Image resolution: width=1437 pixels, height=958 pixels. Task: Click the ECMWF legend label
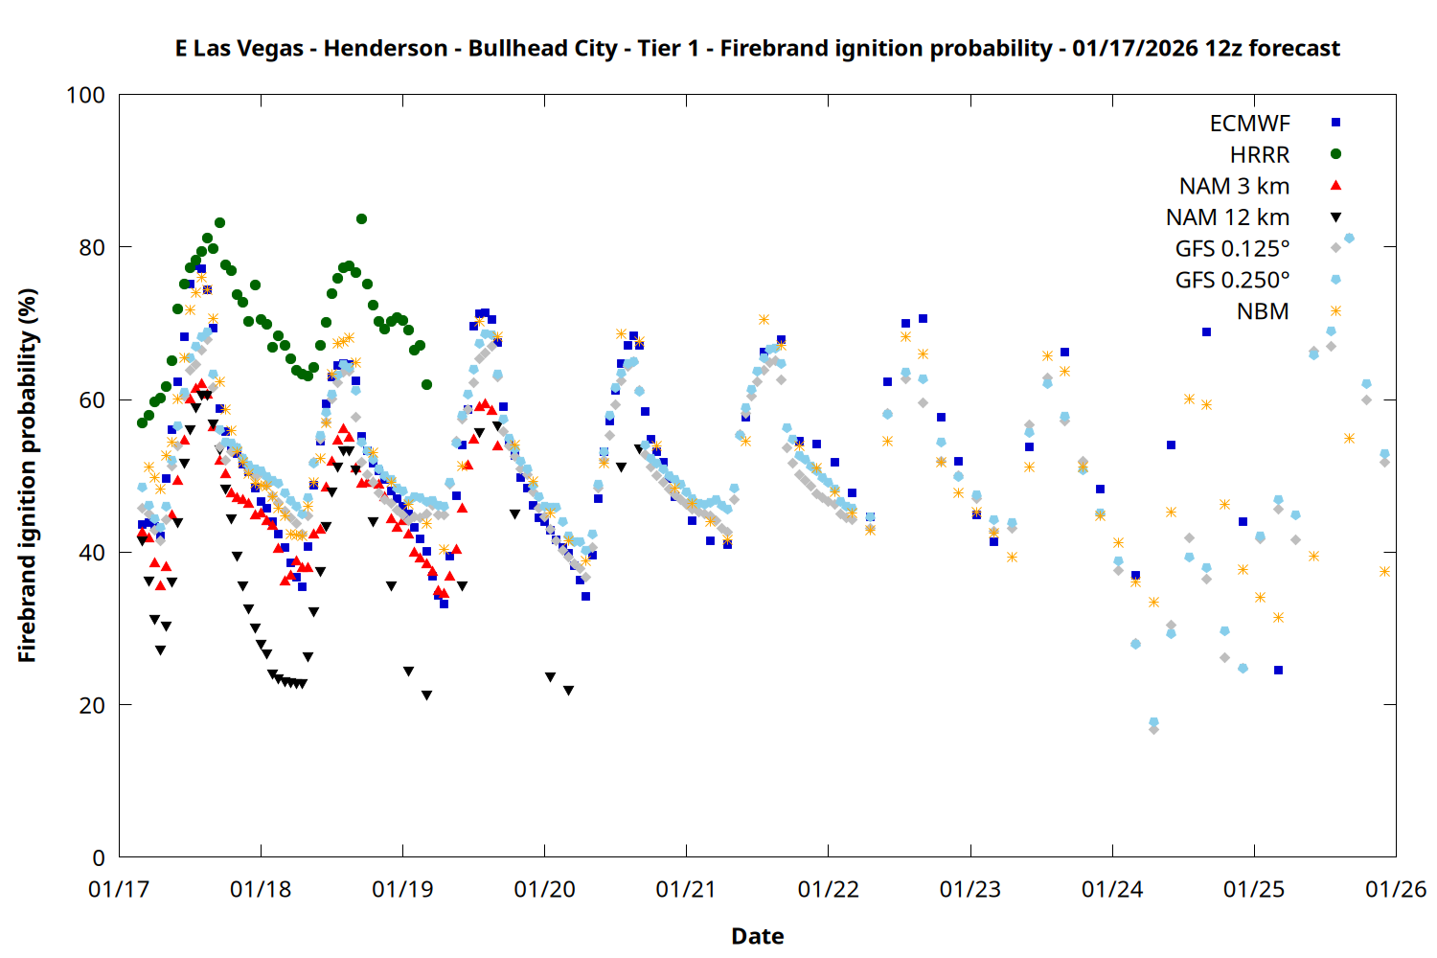click(x=1249, y=124)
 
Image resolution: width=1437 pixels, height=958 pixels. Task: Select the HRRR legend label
click(x=1260, y=155)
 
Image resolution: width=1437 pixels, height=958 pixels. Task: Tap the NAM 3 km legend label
click(x=1234, y=186)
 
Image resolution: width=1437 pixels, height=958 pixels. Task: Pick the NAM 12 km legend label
click(x=1227, y=217)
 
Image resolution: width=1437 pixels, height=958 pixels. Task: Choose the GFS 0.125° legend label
click(x=1232, y=249)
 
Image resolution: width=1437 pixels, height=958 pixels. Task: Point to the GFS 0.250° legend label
click(x=1232, y=280)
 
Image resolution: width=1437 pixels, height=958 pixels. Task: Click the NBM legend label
click(x=1263, y=311)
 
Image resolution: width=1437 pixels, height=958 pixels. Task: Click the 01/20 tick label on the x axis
click(x=544, y=889)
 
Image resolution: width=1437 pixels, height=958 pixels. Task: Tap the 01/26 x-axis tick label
click(x=1396, y=889)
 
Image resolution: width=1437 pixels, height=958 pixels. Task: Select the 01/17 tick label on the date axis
click(x=119, y=889)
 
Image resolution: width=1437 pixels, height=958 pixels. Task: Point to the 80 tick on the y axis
click(x=92, y=247)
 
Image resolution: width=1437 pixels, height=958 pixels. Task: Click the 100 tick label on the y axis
click(x=85, y=95)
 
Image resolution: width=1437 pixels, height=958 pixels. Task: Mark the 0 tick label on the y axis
click(x=99, y=857)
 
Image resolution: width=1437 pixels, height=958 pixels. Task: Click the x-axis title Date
click(x=757, y=936)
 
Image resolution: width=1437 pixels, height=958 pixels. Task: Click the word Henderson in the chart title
click(x=385, y=48)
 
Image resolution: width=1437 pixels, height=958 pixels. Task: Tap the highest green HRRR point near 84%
click(x=361, y=218)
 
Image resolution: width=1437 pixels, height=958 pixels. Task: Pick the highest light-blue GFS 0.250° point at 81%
click(x=1349, y=238)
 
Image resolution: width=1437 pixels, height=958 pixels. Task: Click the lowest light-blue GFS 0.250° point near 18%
click(x=1153, y=721)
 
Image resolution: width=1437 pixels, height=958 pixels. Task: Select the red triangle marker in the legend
click(x=1335, y=186)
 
